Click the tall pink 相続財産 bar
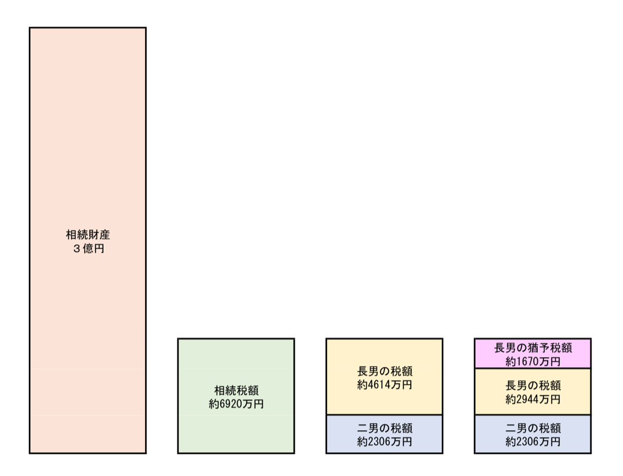[88, 240]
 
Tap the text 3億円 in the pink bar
[88, 249]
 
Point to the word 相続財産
[88, 235]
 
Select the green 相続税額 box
[236, 396]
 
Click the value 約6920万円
[236, 404]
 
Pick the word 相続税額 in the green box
[236, 391]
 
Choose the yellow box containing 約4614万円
[384, 376]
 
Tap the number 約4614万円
[384, 385]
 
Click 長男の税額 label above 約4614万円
[385, 371]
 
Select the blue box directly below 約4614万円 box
[384, 434]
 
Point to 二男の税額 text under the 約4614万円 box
[385, 428]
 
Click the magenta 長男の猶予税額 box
[533, 353]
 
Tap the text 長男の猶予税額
[533, 348]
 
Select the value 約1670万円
[533, 362]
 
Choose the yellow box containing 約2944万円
[533, 392]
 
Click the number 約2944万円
[533, 399]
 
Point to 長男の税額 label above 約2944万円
[533, 386]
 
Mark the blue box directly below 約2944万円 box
[533, 434]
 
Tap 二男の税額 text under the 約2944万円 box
[533, 428]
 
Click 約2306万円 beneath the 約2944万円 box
[533, 441]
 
